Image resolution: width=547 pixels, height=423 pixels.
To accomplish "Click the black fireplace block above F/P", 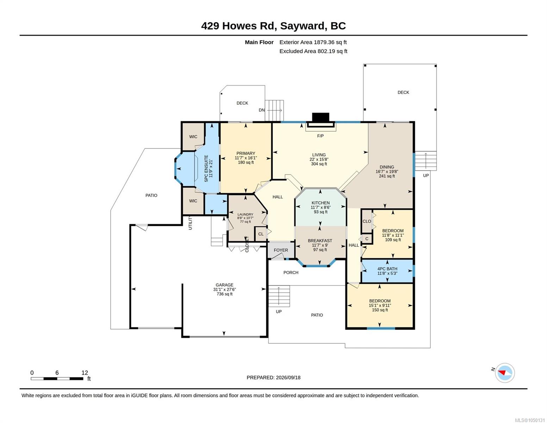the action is pyautogui.click(x=321, y=117).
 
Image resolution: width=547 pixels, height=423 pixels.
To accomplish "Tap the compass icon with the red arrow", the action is pyautogui.click(x=504, y=373).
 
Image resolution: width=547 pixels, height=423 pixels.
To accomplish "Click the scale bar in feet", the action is pyautogui.click(x=57, y=378).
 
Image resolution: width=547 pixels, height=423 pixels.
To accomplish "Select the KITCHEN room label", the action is pyautogui.click(x=321, y=203).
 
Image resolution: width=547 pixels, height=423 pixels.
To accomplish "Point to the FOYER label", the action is pyautogui.click(x=281, y=250).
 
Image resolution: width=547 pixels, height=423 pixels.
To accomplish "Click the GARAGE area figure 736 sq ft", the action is pyautogui.click(x=224, y=294).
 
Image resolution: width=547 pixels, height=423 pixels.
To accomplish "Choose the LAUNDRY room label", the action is pyautogui.click(x=245, y=214).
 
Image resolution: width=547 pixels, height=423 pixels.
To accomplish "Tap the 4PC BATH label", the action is pyautogui.click(x=387, y=269).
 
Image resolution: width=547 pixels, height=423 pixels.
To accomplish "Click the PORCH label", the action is pyautogui.click(x=291, y=272).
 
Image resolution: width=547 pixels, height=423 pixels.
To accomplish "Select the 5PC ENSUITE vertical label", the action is pyautogui.click(x=206, y=168).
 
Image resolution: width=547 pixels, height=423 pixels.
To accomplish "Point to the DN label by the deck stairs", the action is pyautogui.click(x=262, y=110).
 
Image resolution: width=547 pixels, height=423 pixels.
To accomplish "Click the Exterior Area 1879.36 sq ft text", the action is pyautogui.click(x=313, y=42).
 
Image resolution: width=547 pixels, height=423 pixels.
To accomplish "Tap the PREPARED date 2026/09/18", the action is pyautogui.click(x=288, y=378).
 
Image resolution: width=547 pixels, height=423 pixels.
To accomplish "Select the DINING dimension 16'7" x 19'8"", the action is pyautogui.click(x=387, y=172).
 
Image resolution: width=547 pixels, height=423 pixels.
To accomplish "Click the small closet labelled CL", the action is pyautogui.click(x=261, y=234).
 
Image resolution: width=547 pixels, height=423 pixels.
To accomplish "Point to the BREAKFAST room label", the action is pyautogui.click(x=320, y=241).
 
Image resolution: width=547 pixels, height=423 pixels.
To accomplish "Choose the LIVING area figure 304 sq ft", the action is pyautogui.click(x=319, y=164).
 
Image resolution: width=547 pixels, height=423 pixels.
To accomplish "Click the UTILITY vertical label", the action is pyautogui.click(x=190, y=223).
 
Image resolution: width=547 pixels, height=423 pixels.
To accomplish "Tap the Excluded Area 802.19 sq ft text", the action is pyautogui.click(x=313, y=51).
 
